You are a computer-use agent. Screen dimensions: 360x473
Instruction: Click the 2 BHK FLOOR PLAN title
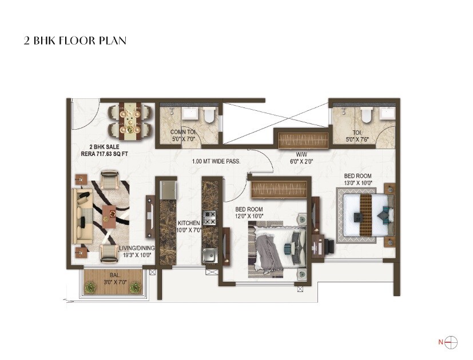74,41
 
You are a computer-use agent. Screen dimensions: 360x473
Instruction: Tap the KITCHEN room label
188,223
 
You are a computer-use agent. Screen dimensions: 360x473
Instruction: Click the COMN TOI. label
183,132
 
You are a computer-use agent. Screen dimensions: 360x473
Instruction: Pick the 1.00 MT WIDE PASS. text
216,162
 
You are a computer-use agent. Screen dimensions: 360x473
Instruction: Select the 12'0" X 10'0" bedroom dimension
249,216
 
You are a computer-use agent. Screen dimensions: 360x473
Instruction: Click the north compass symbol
451,342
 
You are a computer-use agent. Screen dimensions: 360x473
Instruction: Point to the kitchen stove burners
210,218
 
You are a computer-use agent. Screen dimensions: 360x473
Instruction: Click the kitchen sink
209,254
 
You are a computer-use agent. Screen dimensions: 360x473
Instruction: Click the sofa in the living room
81,216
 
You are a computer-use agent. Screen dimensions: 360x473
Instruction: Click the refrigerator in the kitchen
168,190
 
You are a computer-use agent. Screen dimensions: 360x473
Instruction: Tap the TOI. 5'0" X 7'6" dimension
358,138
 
